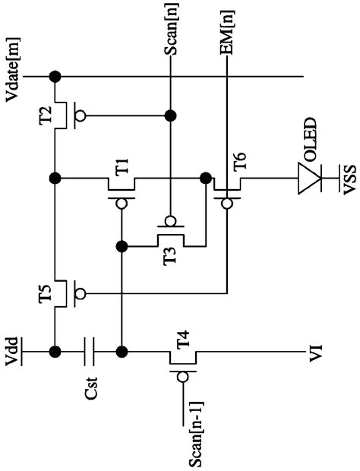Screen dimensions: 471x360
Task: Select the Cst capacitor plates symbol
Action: pos(90,352)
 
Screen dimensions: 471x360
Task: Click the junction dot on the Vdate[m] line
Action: pos(54,77)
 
